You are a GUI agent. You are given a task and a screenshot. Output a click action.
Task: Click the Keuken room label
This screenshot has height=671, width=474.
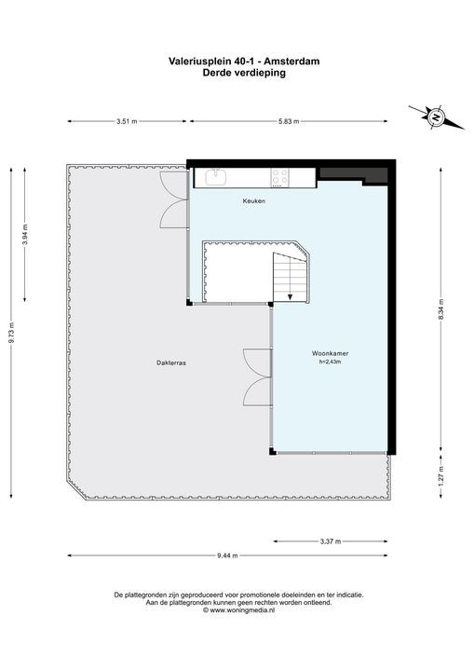coord(254,200)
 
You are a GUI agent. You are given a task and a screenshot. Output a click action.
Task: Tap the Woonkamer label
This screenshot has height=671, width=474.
coord(330,353)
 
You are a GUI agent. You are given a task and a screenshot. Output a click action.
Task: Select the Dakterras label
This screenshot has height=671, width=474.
coord(171,363)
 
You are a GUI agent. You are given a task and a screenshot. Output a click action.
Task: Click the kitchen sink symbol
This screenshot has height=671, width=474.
coord(216,177)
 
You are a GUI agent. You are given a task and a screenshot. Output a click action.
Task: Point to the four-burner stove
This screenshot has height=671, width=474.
coord(279,178)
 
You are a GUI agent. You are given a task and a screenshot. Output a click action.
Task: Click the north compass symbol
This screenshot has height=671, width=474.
coord(436,116)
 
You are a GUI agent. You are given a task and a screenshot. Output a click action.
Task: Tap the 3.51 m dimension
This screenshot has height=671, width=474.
coord(127,121)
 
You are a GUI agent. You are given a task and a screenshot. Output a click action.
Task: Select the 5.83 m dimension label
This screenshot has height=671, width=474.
coord(289,121)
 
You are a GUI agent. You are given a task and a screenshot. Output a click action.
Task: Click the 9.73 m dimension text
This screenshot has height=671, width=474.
coord(12,333)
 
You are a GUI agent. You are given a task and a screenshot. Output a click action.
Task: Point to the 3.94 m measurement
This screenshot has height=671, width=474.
coord(25,235)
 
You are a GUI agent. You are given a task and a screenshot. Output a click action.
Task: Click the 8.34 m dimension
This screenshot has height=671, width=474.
coord(441,308)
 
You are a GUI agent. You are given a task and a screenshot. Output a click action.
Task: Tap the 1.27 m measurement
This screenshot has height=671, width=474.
coord(441,476)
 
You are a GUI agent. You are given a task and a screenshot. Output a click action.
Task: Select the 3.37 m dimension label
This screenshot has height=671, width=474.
coord(331,541)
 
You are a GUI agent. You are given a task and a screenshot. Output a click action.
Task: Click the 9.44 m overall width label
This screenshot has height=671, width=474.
coord(227,555)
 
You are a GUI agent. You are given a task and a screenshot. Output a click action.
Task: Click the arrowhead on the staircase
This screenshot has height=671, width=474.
coord(290,296)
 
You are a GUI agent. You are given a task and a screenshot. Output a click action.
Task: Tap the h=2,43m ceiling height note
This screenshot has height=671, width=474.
coord(330,362)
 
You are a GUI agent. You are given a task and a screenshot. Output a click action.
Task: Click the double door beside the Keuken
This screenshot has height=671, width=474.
coord(174,199)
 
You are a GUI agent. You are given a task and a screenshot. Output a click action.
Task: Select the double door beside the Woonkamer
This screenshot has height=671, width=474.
coord(258,377)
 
